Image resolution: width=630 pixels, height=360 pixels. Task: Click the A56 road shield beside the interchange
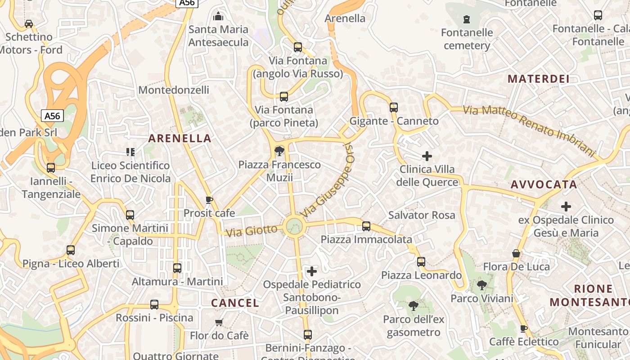click(52, 116)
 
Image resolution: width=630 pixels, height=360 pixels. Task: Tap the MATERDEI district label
click(539, 79)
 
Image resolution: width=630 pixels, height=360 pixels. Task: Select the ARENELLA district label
click(180, 139)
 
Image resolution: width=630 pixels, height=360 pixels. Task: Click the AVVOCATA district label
click(544, 184)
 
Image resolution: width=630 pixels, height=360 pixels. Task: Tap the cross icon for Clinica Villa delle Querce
click(427, 156)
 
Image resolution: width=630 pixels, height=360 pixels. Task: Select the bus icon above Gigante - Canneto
click(394, 108)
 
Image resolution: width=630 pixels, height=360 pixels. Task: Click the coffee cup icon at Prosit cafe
click(209, 199)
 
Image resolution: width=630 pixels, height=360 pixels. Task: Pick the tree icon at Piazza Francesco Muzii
click(279, 151)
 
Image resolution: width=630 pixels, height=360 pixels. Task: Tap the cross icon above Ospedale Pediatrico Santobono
click(311, 271)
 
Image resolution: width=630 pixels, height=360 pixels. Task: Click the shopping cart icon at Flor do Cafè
click(219, 322)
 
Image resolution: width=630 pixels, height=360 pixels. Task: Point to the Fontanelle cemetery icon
click(467, 20)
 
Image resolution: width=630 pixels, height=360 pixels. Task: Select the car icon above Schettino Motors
click(29, 23)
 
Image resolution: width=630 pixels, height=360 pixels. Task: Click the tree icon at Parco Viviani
click(481, 285)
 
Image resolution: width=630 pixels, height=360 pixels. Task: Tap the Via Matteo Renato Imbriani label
click(529, 130)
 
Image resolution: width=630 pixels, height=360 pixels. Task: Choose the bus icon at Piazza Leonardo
click(421, 261)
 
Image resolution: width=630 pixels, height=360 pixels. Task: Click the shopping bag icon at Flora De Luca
click(516, 253)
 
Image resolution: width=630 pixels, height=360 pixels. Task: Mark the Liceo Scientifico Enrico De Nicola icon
click(130, 152)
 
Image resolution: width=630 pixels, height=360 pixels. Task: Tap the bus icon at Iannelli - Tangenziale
click(51, 168)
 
